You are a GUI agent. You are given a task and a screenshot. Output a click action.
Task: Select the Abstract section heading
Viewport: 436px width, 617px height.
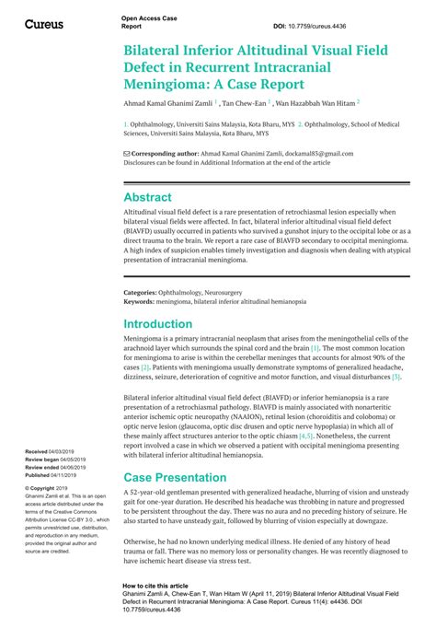(147, 197)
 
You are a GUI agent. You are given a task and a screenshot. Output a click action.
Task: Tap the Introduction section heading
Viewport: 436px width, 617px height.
(158, 324)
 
